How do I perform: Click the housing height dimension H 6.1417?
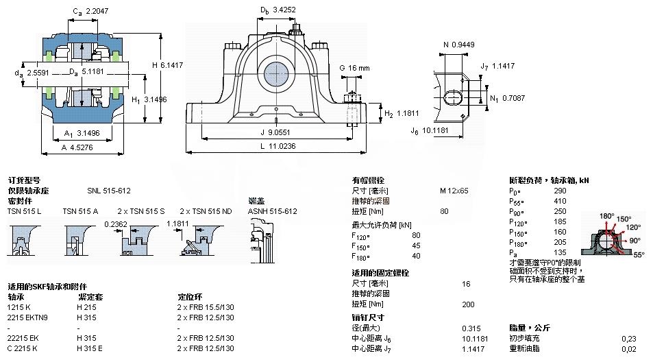pos(167,65)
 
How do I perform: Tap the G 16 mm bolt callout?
pos(354,68)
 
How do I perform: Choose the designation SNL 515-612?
pos(108,191)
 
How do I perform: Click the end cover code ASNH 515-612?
pos(272,211)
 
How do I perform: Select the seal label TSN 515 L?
pos(24,211)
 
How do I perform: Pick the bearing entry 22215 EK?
pos(23,339)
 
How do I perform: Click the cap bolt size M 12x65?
pos(454,191)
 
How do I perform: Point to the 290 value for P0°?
pos(560,191)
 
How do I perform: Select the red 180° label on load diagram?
pos(606,216)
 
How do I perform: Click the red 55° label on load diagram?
pos(639,254)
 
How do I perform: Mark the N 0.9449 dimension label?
pos(458,45)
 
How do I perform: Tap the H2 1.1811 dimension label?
pos(397,113)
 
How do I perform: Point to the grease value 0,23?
pos(628,339)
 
